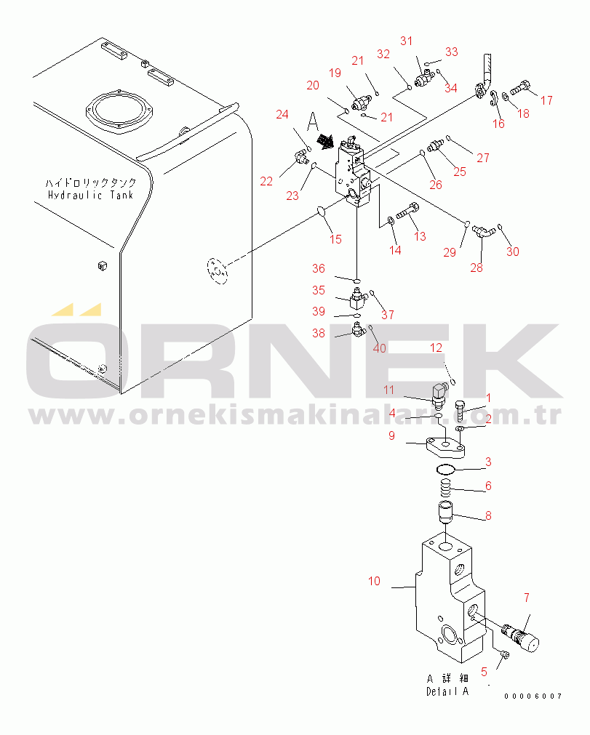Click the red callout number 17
(x=546, y=100)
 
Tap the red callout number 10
(x=374, y=582)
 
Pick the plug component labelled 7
(x=521, y=636)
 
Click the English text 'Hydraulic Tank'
(x=90, y=195)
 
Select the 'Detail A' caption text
(x=447, y=691)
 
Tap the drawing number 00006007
(x=533, y=696)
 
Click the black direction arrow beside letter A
(x=325, y=140)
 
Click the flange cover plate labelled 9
(x=445, y=446)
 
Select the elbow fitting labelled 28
(x=483, y=230)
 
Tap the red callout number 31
(x=406, y=41)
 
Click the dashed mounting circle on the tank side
(x=217, y=270)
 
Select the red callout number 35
(x=319, y=290)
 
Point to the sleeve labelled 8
(x=445, y=512)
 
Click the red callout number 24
(x=282, y=114)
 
